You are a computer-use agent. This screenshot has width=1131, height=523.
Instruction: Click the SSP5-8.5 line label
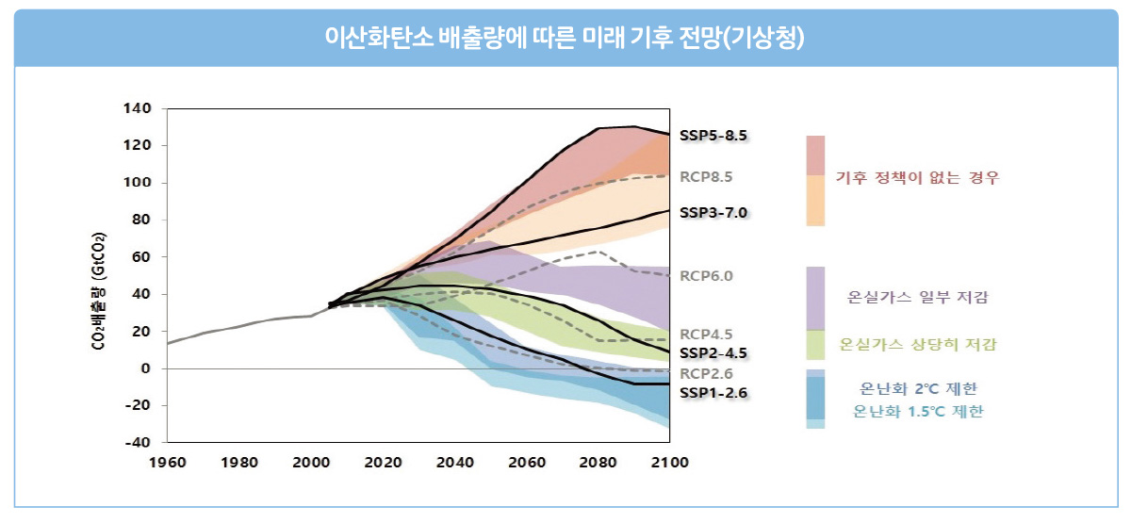(x=713, y=136)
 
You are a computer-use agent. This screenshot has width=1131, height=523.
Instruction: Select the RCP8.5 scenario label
(x=706, y=177)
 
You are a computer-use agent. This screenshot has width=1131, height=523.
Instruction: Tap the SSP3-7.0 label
(x=713, y=213)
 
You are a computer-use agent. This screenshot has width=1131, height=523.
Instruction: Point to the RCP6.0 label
(x=706, y=275)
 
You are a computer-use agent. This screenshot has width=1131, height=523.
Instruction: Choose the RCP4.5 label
(x=706, y=335)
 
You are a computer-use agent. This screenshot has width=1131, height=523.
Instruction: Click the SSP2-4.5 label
(x=713, y=352)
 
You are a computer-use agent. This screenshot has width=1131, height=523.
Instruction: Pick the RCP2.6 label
(x=706, y=373)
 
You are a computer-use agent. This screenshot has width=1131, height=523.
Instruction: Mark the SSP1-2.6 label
(x=713, y=393)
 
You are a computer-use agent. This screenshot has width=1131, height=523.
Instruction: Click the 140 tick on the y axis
(x=137, y=108)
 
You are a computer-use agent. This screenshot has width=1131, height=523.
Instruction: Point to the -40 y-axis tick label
(x=138, y=442)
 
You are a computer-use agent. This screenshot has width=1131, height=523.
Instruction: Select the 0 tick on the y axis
(x=145, y=368)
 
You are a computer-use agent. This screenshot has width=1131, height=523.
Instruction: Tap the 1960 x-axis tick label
(x=168, y=463)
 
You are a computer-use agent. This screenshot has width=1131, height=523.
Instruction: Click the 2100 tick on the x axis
(x=669, y=463)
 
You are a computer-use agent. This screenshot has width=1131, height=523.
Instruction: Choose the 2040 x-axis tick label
(x=454, y=463)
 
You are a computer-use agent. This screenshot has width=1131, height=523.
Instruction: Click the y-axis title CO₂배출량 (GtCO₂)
(x=99, y=291)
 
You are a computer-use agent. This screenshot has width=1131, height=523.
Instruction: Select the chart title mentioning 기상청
(x=565, y=37)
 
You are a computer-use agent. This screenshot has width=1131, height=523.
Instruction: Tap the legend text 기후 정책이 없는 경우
(x=917, y=178)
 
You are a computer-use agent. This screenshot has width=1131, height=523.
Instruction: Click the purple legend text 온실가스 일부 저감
(x=917, y=297)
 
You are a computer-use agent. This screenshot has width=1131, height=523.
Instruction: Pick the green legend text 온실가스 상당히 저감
(x=917, y=344)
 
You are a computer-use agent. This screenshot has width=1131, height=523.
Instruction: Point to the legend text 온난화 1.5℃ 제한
(x=918, y=412)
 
